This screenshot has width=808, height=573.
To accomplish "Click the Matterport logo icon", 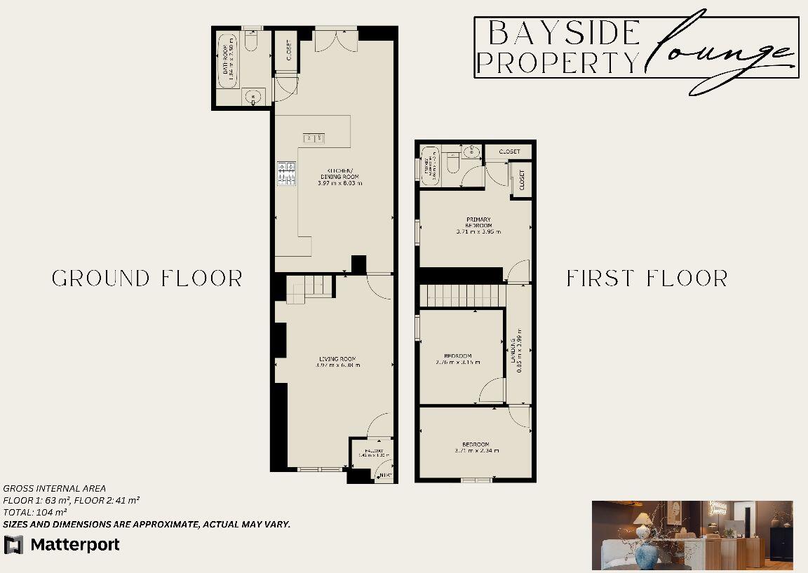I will pyautogui.click(x=13, y=544).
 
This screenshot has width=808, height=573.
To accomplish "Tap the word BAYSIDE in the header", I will pyautogui.click(x=564, y=33).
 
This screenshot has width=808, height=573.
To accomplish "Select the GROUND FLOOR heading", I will pyautogui.click(x=147, y=278).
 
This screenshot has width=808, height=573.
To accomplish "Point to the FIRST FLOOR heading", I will pyautogui.click(x=647, y=278).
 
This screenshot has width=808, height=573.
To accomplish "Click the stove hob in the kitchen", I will pyautogui.click(x=287, y=174).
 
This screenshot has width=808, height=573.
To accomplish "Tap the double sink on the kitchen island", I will pyautogui.click(x=313, y=137).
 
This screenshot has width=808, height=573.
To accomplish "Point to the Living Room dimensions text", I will pyautogui.click(x=339, y=365).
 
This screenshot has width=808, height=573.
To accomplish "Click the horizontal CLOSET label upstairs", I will pyautogui.click(x=510, y=151).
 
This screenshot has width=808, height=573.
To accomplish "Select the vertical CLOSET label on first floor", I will pyautogui.click(x=521, y=180).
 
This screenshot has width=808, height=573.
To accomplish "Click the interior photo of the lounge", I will pyautogui.click(x=692, y=534).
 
